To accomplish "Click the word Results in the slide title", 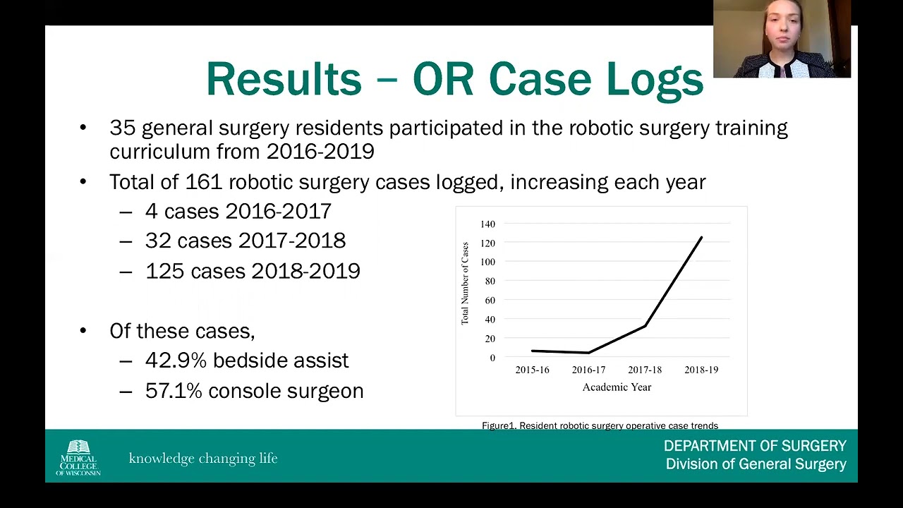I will point(284,78).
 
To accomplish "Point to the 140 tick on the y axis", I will point(487,224).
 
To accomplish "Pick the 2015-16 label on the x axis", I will point(532,370).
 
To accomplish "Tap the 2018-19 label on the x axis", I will point(701,370).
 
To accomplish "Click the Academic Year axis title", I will point(617,387).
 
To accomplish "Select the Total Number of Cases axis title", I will point(465,284).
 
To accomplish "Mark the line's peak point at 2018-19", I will point(701,238).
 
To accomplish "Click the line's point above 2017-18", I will point(645,325).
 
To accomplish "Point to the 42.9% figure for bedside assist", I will point(176,361).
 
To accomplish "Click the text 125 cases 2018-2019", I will point(253,271).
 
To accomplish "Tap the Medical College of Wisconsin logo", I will point(78,457).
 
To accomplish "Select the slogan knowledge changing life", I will point(203,459).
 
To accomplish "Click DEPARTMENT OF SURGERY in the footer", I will point(754,446).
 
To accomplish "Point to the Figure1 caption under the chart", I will point(600,425).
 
